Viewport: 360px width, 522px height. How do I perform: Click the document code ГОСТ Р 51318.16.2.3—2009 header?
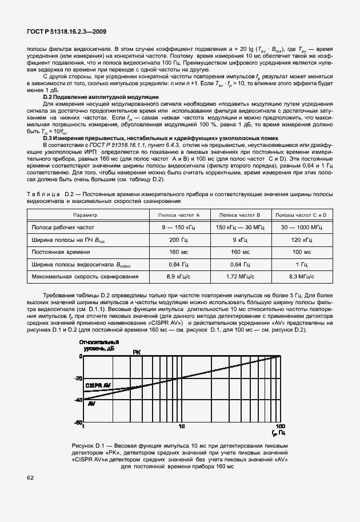click(66, 32)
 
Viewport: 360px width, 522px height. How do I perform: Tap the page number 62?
click(29, 476)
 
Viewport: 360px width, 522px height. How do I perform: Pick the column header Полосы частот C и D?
click(301, 215)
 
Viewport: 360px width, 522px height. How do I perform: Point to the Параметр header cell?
click(85, 215)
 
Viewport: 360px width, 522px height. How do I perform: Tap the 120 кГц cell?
click(301, 240)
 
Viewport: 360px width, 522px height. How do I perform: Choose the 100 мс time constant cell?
click(301, 252)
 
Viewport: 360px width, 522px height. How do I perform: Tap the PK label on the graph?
click(137, 352)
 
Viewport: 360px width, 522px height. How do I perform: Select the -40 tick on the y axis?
click(79, 400)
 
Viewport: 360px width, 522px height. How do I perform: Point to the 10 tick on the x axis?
click(182, 427)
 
